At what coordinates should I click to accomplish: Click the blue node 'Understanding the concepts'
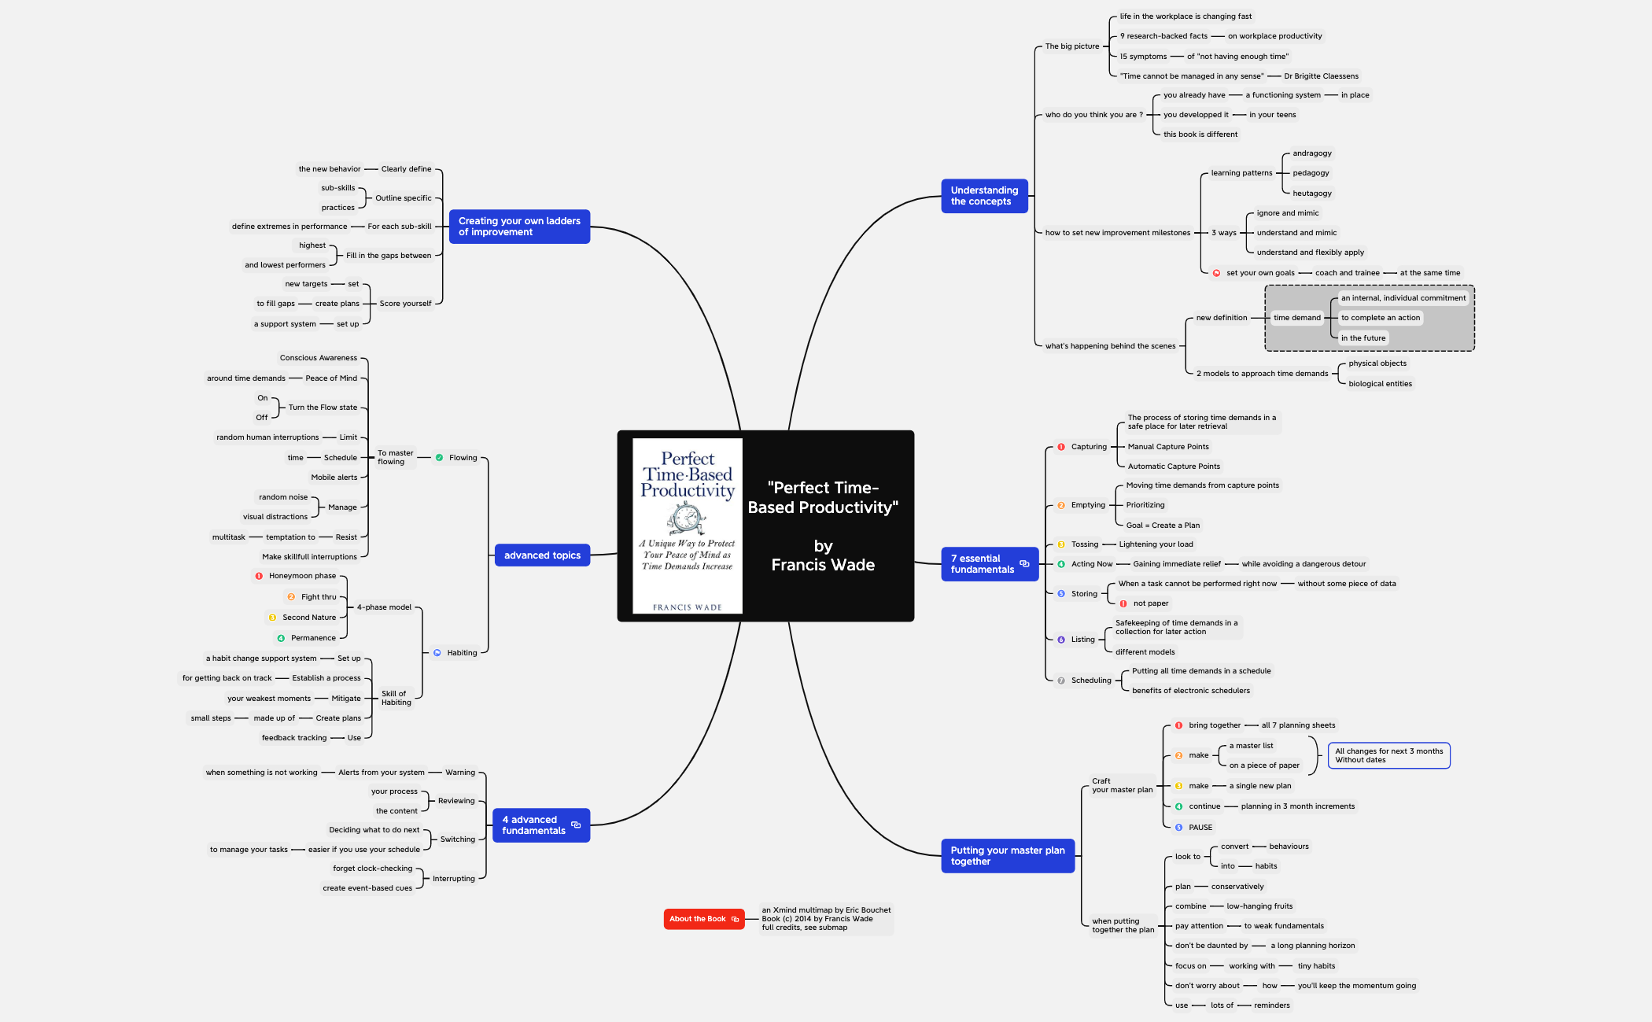pyautogui.click(x=983, y=196)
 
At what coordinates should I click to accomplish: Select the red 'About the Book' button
pyautogui.click(x=703, y=919)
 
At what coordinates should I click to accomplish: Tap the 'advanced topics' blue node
pyautogui.click(x=542, y=555)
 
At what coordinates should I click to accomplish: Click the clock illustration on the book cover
pyautogui.click(x=686, y=518)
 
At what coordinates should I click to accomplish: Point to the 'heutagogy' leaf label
pyautogui.click(x=1312, y=194)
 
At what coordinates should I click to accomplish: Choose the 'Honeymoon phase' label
pyautogui.click(x=302, y=576)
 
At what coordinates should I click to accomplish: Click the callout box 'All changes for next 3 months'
pyautogui.click(x=1388, y=755)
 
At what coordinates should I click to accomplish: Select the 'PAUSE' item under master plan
pyautogui.click(x=1200, y=828)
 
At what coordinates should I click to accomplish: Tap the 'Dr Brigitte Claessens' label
pyautogui.click(x=1321, y=76)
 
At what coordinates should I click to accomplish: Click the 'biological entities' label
pyautogui.click(x=1380, y=384)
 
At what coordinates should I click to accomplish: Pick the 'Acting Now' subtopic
pyautogui.click(x=1092, y=564)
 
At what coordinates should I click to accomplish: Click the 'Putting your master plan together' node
pyautogui.click(x=1007, y=856)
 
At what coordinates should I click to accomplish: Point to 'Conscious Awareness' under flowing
pyautogui.click(x=318, y=358)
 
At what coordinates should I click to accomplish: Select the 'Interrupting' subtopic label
pyautogui.click(x=453, y=879)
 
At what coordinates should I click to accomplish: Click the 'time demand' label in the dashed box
pyautogui.click(x=1296, y=318)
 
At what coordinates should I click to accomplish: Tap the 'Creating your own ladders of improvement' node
pyautogui.click(x=519, y=227)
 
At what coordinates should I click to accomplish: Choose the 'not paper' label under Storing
pyautogui.click(x=1150, y=603)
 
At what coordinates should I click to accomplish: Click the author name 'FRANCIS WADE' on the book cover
pyautogui.click(x=687, y=607)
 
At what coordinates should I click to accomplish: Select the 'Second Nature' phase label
pyautogui.click(x=309, y=618)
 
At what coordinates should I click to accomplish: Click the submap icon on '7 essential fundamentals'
pyautogui.click(x=1024, y=563)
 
